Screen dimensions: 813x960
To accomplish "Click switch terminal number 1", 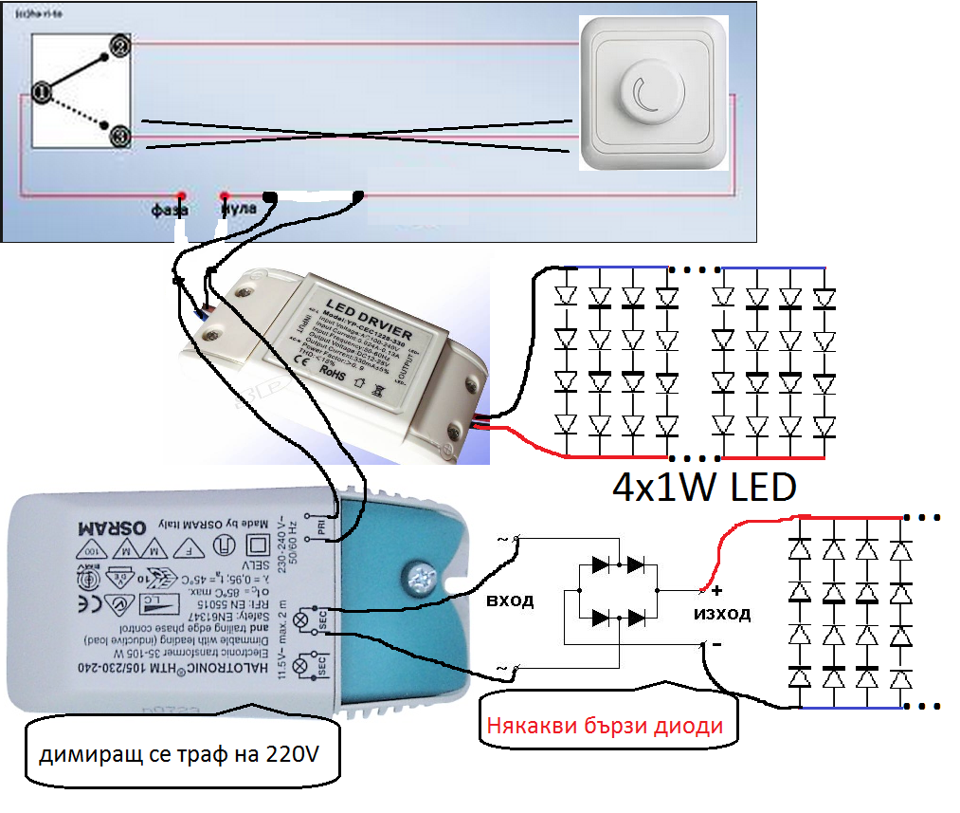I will click(40, 92).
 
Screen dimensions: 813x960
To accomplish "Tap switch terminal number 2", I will click(119, 46).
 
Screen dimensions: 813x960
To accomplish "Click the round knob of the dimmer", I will click(647, 92).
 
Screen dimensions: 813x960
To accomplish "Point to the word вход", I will click(510, 601).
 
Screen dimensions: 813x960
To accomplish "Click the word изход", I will click(722, 614).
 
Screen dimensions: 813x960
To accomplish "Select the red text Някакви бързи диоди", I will click(605, 727).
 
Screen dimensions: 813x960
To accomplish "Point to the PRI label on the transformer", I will click(321, 529).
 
